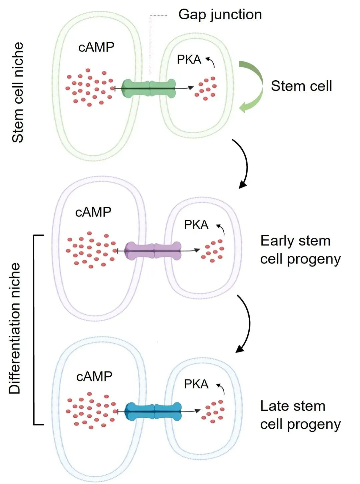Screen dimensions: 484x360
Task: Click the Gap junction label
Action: click(x=220, y=15)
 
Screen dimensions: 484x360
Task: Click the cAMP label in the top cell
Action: click(x=96, y=47)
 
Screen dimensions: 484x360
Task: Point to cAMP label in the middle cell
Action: click(x=93, y=212)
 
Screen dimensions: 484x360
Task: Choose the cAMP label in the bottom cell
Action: click(x=94, y=377)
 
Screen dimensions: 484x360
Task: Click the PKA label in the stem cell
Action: click(x=189, y=60)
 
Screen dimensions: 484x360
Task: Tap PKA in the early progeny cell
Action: click(x=196, y=225)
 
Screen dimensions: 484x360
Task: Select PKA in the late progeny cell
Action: click(x=196, y=384)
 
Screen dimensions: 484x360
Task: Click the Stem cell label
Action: click(x=301, y=86)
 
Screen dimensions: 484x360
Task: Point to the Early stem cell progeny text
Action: click(x=300, y=250)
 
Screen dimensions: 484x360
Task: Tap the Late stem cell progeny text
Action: click(x=300, y=415)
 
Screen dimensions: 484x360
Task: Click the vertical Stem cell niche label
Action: click(x=18, y=93)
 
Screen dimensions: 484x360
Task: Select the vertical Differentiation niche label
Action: click(x=15, y=328)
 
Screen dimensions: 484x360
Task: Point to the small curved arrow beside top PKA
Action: click(x=211, y=62)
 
